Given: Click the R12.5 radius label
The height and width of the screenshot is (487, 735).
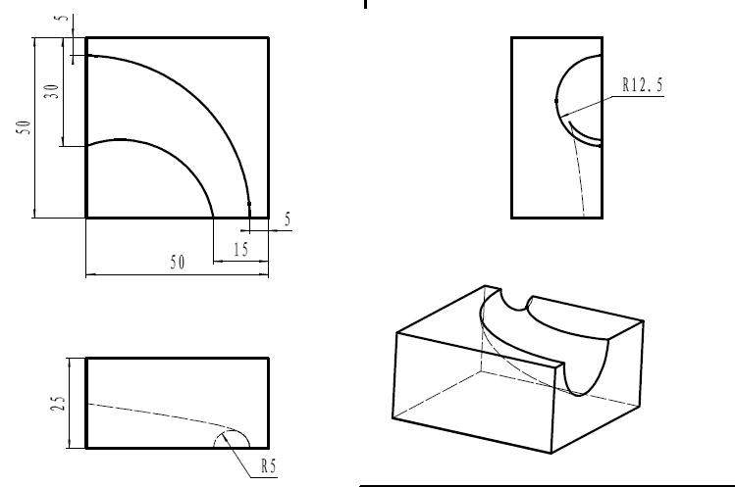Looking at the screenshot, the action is point(643,84).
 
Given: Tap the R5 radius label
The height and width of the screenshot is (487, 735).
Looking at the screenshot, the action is point(269,465).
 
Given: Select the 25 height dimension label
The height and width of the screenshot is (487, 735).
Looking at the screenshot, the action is point(58,403).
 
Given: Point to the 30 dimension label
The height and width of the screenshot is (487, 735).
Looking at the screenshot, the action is point(52,91).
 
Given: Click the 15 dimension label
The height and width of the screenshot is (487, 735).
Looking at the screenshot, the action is point(241,250).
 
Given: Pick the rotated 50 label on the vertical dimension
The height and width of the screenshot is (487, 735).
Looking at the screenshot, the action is point(24,127).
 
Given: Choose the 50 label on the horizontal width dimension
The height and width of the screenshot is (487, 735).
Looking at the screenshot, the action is point(178,263).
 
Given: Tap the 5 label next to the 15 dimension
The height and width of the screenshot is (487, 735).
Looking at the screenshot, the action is point(288,219).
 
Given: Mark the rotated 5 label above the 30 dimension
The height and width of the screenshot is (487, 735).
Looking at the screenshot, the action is point(62,18).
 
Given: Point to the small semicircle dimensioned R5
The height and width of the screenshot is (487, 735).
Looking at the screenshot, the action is point(232,430).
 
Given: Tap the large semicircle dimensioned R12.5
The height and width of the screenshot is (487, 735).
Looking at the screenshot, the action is point(556,101).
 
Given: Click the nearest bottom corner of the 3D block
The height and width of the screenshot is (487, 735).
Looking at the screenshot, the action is point(551,453).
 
